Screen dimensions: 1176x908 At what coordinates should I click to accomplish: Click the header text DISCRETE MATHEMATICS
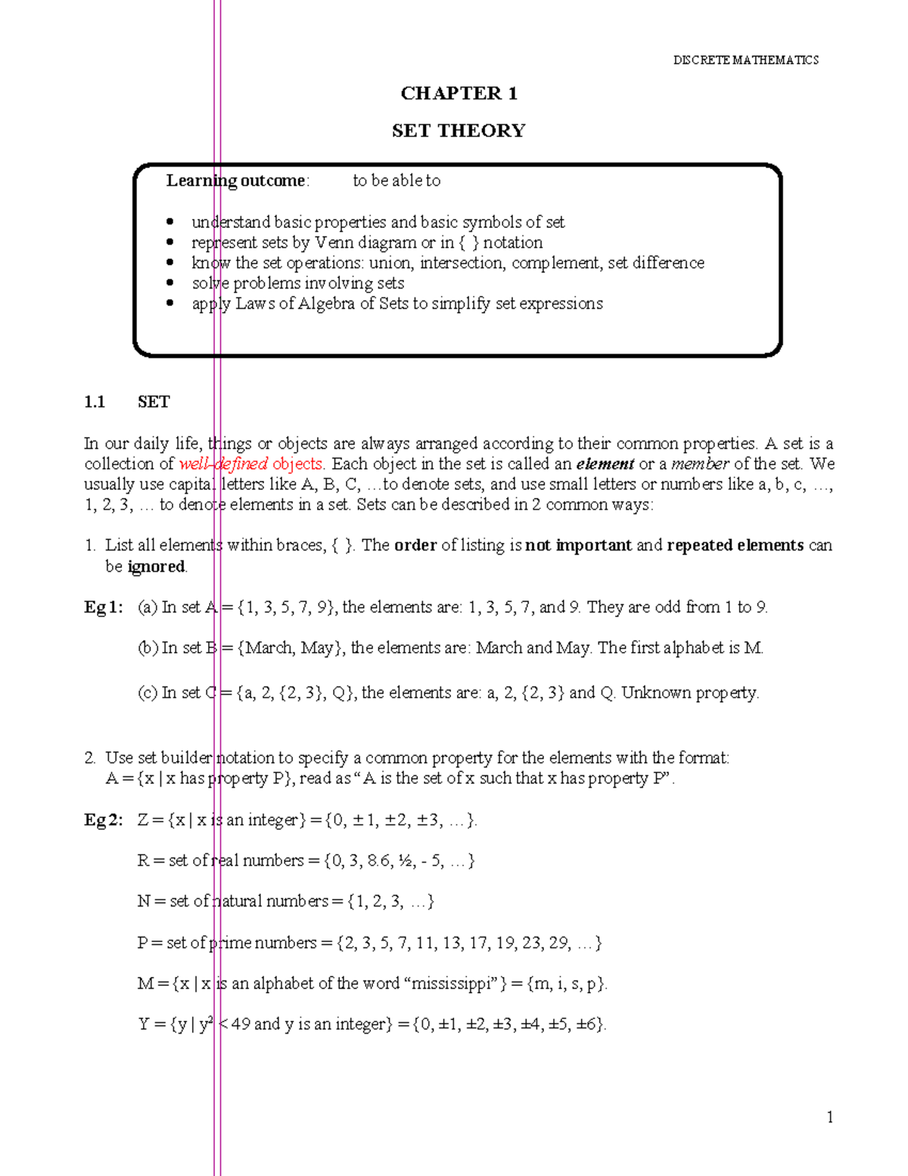745,60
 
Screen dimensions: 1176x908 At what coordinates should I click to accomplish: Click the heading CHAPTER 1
459,93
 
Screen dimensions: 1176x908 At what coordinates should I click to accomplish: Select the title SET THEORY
459,131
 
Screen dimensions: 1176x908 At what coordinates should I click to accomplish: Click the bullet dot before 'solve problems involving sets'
171,282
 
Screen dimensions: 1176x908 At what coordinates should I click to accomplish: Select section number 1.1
95,402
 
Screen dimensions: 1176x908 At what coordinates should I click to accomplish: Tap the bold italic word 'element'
605,463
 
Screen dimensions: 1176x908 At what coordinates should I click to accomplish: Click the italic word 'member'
700,463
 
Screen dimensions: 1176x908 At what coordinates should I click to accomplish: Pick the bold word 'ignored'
156,566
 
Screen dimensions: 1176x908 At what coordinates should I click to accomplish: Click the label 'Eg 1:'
103,607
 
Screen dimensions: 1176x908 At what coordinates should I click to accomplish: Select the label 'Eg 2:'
103,820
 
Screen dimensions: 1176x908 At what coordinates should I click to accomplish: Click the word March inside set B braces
270,648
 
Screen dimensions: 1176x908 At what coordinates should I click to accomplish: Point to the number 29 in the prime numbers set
559,943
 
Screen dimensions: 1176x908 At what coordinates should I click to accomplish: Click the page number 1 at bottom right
830,1118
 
